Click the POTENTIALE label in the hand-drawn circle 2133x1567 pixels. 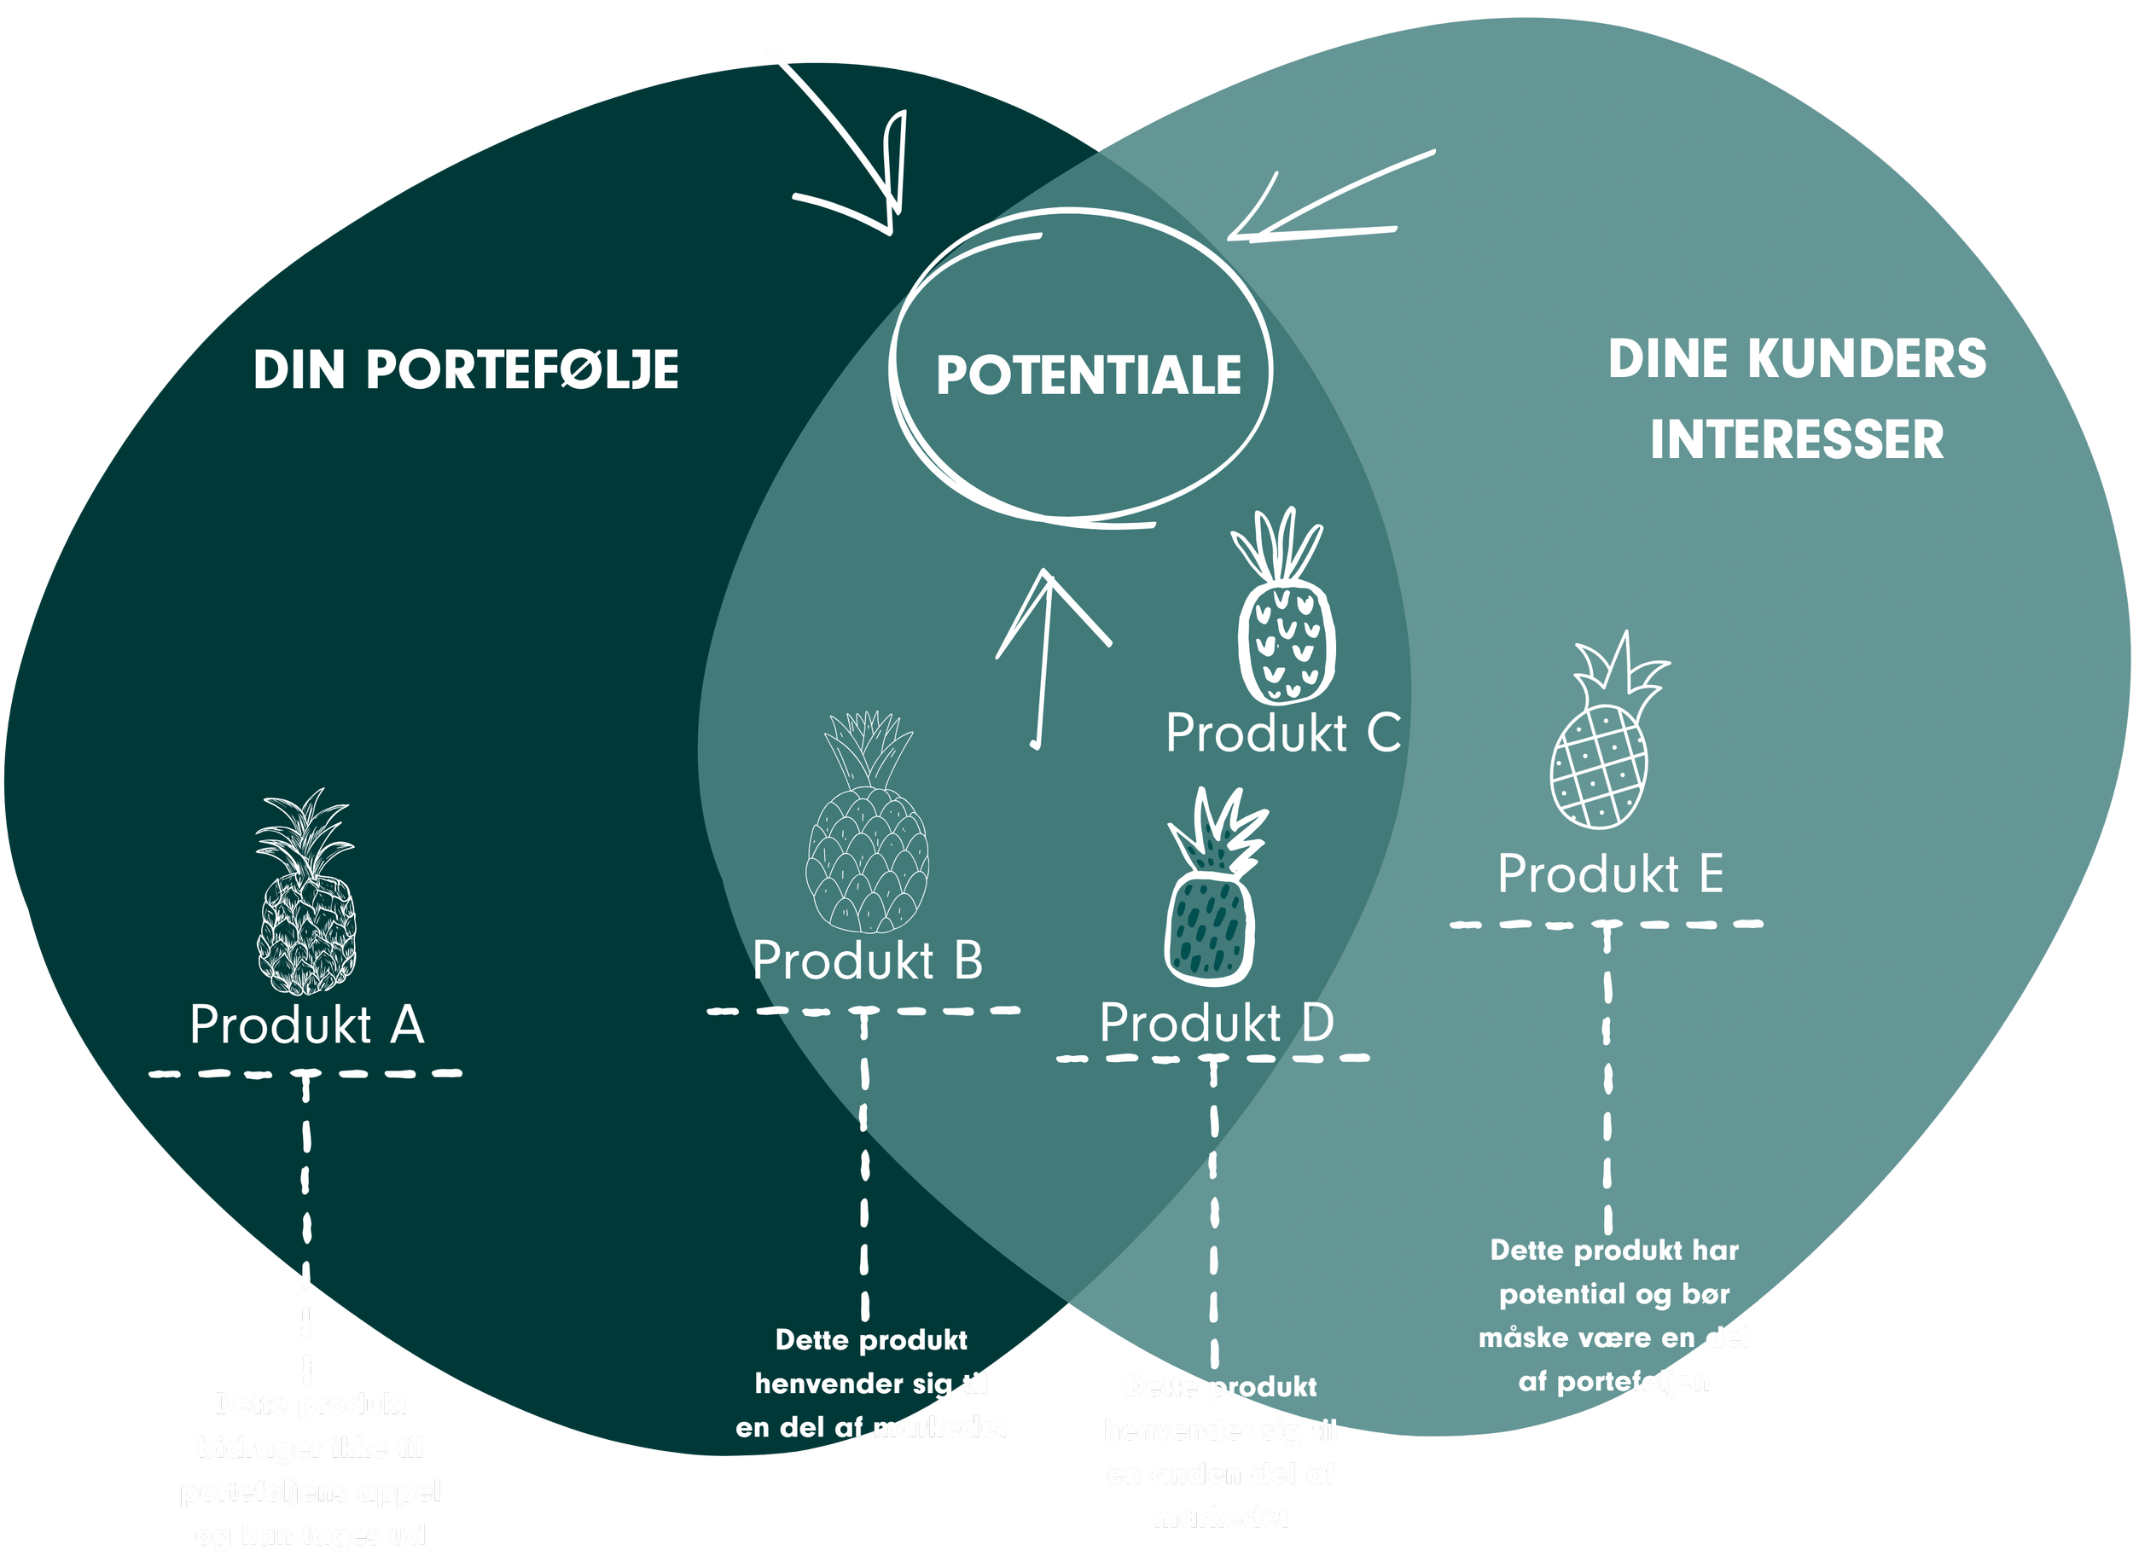(x=1089, y=375)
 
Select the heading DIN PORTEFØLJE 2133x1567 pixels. (x=466, y=370)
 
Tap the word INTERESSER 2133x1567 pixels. (x=1797, y=440)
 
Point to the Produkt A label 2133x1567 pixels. (x=306, y=1025)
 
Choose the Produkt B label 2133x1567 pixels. (x=867, y=961)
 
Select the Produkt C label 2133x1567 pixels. (x=1283, y=734)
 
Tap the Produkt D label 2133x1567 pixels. (x=1217, y=1024)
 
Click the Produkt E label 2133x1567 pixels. (x=1610, y=873)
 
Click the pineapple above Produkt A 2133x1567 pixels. (x=305, y=891)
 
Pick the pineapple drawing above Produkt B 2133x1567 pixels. (x=867, y=823)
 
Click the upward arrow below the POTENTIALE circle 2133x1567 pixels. (x=1047, y=654)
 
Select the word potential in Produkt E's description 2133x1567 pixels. (x=1562, y=1294)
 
